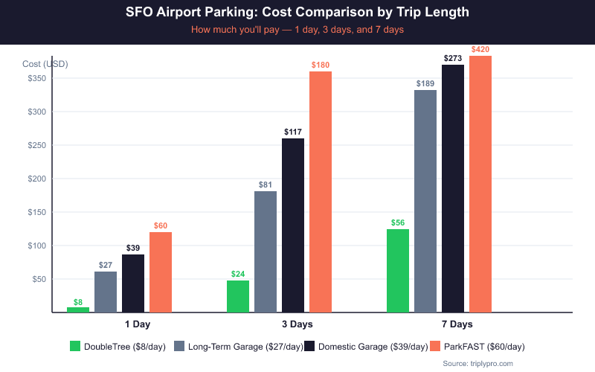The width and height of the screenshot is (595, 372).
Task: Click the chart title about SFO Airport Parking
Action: [297, 13]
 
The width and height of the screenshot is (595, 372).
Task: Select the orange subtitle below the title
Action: [297, 31]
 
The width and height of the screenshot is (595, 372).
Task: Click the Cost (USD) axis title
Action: [45, 64]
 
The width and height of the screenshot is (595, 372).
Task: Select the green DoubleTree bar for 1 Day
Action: [78, 310]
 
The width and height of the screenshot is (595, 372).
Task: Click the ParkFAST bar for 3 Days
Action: [321, 192]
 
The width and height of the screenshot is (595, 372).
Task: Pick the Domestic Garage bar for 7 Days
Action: [453, 188]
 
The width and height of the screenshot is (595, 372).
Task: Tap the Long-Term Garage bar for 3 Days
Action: [266, 251]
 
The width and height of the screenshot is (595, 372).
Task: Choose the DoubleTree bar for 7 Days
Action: [398, 271]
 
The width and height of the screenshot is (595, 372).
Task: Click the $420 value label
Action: [480, 49]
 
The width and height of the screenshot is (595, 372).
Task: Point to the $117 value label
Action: [293, 132]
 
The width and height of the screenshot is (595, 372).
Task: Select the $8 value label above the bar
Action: [78, 302]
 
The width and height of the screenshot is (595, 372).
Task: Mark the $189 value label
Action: [425, 83]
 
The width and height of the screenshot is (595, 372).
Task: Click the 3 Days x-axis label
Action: [297, 324]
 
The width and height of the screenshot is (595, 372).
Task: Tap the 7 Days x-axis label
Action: [457, 324]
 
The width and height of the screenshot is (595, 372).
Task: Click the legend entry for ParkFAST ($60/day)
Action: [484, 346]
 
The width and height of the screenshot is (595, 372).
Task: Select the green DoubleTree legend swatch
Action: [74, 346]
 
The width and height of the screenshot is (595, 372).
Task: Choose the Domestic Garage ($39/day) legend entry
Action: [373, 346]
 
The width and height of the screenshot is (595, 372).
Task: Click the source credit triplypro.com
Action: [477, 362]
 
